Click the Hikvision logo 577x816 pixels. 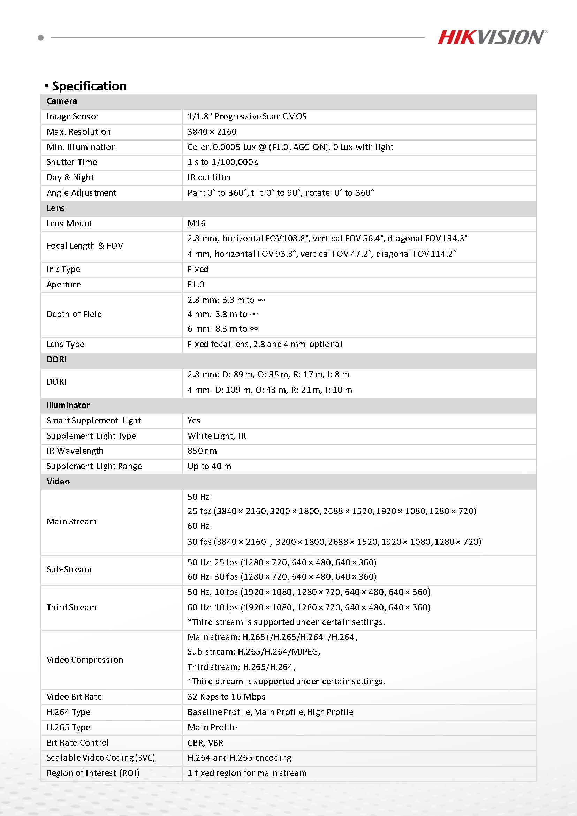click(492, 37)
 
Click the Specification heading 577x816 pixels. click(89, 86)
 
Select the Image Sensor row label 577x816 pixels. click(73, 116)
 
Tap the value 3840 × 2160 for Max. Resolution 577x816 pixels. click(212, 132)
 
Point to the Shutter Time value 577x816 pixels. click(223, 162)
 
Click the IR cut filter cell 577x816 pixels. click(210, 177)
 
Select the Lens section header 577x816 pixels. click(56, 208)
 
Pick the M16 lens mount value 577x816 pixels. click(197, 223)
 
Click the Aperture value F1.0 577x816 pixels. click(196, 284)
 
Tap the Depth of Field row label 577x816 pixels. click(74, 314)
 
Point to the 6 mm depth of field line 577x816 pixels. click(222, 329)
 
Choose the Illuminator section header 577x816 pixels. click(68, 405)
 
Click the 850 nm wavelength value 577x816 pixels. click(202, 451)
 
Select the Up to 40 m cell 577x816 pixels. click(209, 466)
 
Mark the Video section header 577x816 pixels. click(58, 482)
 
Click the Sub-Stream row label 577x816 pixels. click(69, 569)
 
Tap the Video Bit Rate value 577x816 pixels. click(226, 697)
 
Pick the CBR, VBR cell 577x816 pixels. click(205, 742)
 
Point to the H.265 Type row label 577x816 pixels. click(69, 727)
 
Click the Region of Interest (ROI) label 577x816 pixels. click(93, 773)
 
